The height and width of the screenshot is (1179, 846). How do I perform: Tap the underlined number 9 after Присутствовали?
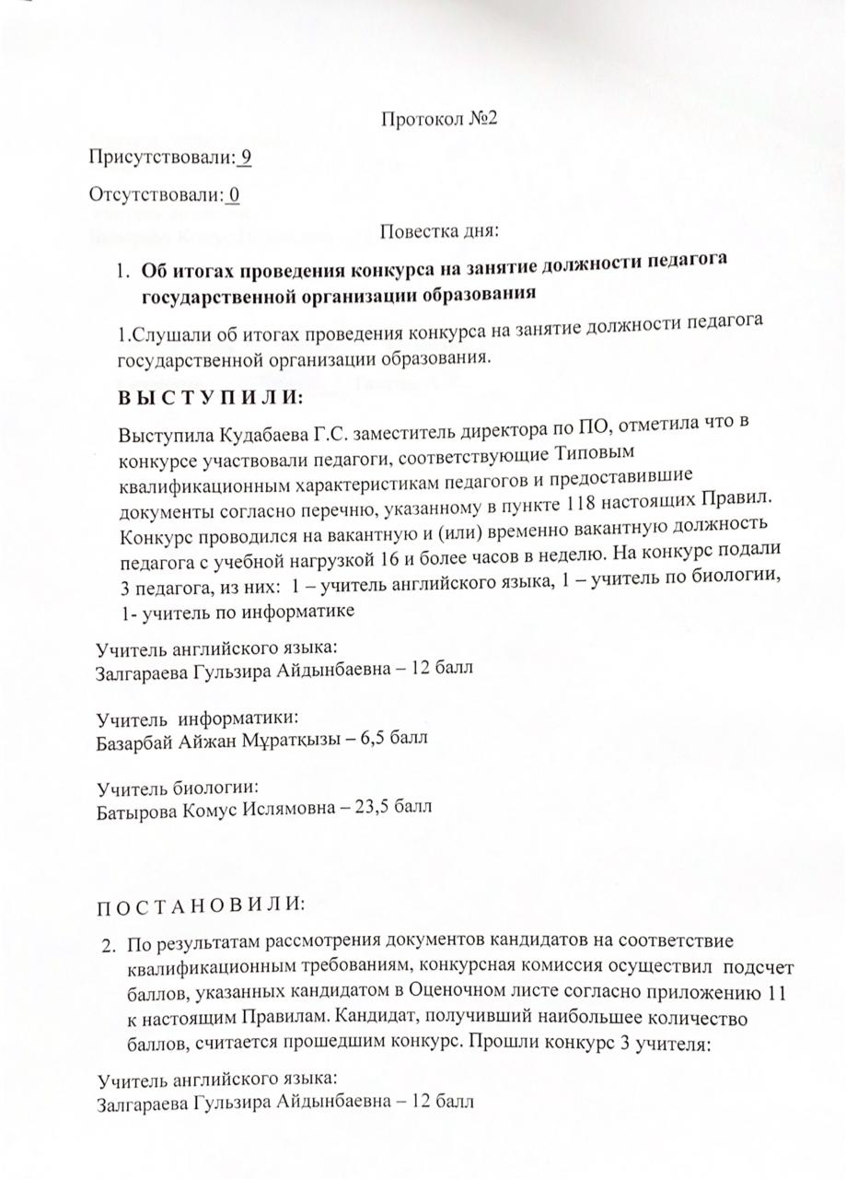[x=246, y=157]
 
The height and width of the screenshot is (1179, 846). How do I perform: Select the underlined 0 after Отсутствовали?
[x=235, y=195]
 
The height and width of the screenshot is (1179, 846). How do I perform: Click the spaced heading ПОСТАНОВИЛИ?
[x=201, y=902]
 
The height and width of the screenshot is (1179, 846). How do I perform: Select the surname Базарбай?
[x=133, y=739]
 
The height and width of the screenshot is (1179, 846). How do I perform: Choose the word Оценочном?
[x=471, y=994]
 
